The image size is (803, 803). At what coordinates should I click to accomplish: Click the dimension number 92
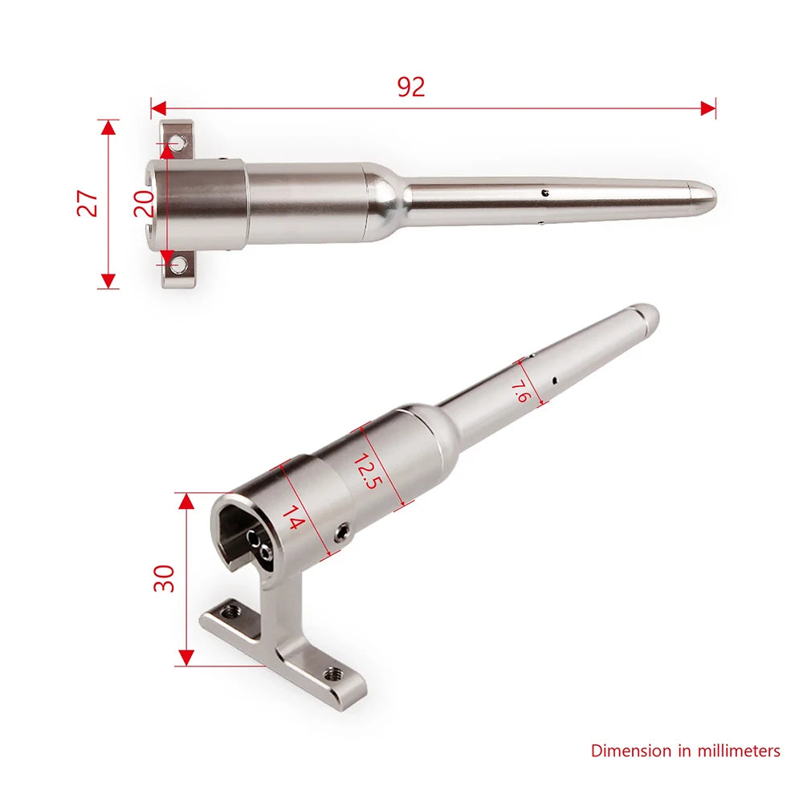[410, 87]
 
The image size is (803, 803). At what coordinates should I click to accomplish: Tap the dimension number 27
[89, 203]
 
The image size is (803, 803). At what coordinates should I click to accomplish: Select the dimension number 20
[144, 203]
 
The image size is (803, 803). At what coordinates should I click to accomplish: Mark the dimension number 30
[165, 578]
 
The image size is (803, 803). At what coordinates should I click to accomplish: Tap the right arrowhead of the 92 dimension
[708, 108]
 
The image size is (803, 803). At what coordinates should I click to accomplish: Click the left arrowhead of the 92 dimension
[158, 108]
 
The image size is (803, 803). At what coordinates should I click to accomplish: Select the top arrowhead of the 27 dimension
[107, 128]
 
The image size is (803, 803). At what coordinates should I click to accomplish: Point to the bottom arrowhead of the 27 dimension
[107, 281]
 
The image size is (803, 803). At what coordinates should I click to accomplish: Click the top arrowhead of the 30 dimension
[186, 501]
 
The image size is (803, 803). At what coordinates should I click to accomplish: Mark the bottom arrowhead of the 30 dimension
[186, 658]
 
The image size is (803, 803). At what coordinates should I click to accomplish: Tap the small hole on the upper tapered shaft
[544, 193]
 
